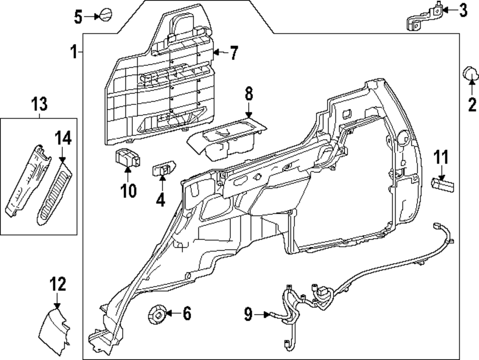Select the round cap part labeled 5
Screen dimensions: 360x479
[104, 15]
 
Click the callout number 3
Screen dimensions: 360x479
[462, 11]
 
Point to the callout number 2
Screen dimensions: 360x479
[472, 103]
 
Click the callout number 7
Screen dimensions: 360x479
[233, 53]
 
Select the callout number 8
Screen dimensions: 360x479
[249, 94]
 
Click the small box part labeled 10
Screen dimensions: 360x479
[127, 158]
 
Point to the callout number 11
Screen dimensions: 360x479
[441, 157]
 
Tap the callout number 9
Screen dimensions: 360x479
[248, 314]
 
